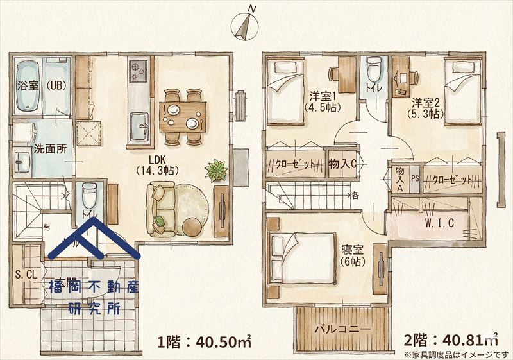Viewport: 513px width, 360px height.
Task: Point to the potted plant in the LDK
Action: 215,171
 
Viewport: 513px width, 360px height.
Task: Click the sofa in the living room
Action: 161,209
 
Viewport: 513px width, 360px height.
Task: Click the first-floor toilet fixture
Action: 90,193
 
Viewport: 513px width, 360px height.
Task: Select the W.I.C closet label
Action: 439,223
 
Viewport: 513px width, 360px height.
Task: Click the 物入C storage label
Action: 342,164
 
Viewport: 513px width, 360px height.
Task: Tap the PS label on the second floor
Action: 415,179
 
